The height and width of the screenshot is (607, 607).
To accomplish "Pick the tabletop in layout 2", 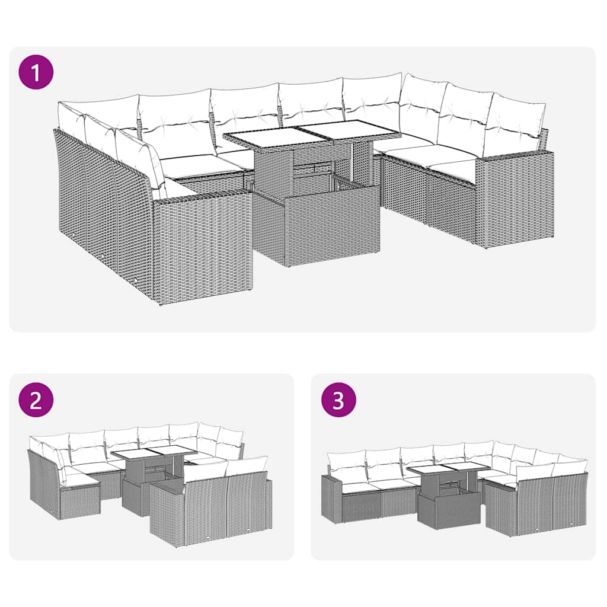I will tap(153, 453).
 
